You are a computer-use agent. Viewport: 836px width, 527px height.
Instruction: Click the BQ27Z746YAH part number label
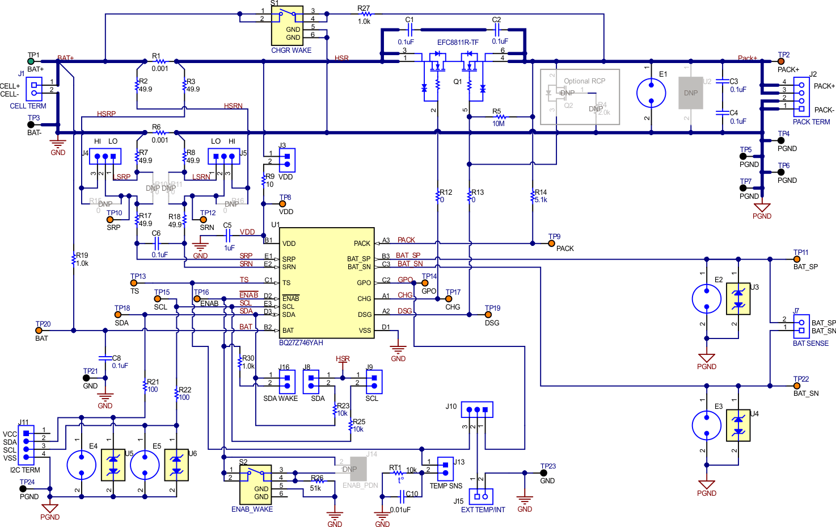tap(301, 343)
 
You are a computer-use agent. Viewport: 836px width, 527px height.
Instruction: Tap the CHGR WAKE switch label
tap(291, 51)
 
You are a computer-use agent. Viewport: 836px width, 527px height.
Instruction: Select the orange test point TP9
tap(551, 243)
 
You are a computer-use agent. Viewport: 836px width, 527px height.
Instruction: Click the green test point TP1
tap(31, 61)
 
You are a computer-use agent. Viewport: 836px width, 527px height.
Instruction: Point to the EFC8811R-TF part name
tap(458, 43)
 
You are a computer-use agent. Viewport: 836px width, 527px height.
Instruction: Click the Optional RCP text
tap(584, 81)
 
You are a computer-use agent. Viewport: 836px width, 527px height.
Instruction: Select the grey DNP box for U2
tap(691, 93)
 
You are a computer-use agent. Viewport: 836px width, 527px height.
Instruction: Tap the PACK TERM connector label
tap(811, 122)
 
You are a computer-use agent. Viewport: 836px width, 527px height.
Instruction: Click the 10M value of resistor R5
tap(499, 124)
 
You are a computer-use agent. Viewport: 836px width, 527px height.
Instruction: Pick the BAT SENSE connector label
tap(810, 344)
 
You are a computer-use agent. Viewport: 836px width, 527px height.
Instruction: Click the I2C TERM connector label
tap(25, 470)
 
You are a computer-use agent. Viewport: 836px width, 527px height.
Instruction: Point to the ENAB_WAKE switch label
tap(252, 509)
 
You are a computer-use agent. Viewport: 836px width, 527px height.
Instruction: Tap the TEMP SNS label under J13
tap(446, 486)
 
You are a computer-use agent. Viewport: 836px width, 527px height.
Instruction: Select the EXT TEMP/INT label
tap(483, 510)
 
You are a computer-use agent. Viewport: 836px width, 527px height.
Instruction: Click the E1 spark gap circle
tap(651, 93)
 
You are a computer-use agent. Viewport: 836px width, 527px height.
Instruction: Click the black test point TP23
tap(543, 473)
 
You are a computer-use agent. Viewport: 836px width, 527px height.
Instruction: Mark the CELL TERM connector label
tap(28, 106)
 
